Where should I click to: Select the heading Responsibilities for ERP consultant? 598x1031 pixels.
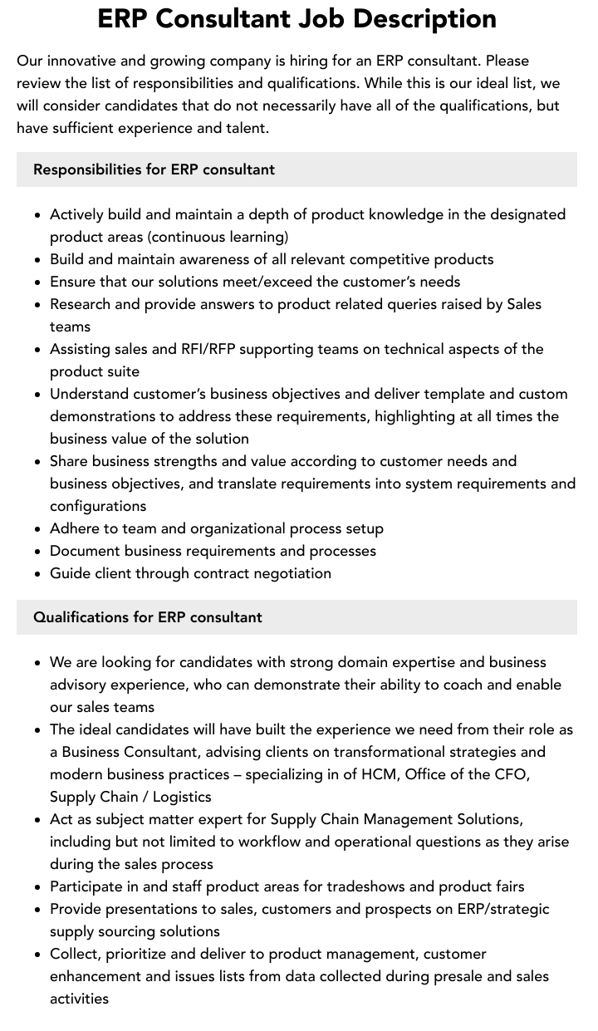pyautogui.click(x=154, y=169)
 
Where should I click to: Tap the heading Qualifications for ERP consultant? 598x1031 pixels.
pyautogui.click(x=147, y=617)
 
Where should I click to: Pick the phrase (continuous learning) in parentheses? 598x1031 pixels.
pyautogui.click(x=218, y=237)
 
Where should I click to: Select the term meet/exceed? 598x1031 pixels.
pyautogui.click(x=253, y=282)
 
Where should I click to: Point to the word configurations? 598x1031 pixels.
pyautogui.click(x=98, y=506)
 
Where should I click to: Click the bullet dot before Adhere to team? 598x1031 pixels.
pyautogui.click(x=38, y=529)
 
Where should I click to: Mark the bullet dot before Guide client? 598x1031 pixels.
pyautogui.click(x=38, y=574)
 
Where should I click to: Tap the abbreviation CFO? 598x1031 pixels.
pyautogui.click(x=513, y=774)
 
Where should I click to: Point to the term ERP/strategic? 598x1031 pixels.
pyautogui.click(x=503, y=909)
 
